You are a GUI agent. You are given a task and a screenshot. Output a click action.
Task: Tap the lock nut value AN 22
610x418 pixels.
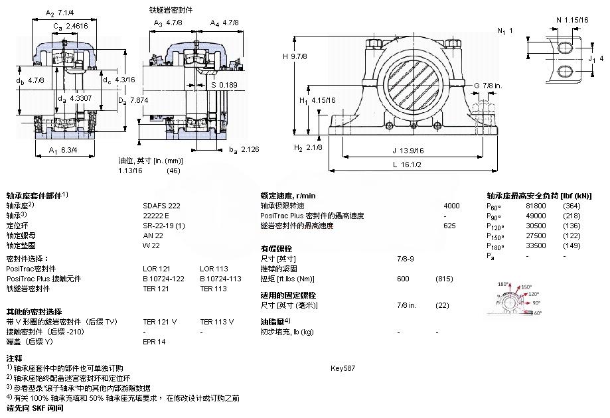click(153, 236)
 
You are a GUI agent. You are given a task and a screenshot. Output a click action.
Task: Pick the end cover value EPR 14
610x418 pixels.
click(154, 342)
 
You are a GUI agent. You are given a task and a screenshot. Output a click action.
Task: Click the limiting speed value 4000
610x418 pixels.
click(451, 206)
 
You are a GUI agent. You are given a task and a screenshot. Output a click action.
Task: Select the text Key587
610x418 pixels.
click(343, 368)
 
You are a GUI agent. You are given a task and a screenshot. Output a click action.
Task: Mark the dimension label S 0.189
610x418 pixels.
click(223, 85)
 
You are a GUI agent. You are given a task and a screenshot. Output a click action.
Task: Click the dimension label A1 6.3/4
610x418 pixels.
click(65, 149)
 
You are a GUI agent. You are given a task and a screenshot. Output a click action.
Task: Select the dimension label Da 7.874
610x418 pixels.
click(132, 100)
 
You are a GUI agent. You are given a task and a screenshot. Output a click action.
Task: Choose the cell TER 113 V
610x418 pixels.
click(216, 322)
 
